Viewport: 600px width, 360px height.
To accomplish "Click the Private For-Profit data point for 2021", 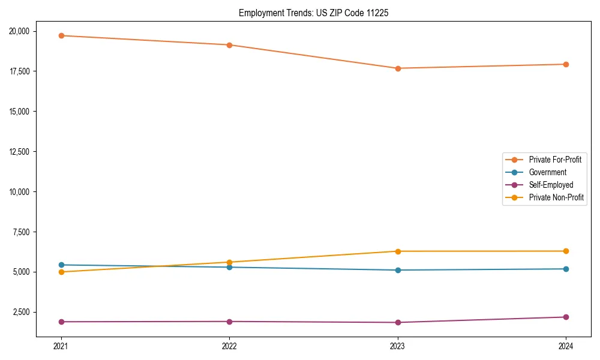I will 61,35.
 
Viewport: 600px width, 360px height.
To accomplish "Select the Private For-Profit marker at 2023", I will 398,68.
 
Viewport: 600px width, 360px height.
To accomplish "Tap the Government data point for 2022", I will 229,267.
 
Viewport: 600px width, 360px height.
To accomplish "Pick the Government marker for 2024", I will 566,269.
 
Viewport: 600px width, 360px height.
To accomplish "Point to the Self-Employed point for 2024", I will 566,317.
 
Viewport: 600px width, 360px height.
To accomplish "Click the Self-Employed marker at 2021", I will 61,322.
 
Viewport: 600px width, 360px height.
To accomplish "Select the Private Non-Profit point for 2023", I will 398,251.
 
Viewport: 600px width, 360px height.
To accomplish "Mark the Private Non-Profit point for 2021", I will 61,272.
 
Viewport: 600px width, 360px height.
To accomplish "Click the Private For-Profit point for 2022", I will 229,45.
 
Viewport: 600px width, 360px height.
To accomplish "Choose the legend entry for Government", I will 547,172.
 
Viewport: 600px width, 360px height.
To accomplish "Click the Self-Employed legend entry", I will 551,185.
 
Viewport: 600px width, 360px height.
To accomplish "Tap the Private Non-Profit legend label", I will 556,197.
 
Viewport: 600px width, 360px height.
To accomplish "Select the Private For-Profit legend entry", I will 555,160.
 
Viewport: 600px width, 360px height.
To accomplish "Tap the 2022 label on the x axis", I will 229,346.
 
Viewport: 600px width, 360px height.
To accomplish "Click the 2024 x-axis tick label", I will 566,346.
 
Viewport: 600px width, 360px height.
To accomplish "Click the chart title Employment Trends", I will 313,13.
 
